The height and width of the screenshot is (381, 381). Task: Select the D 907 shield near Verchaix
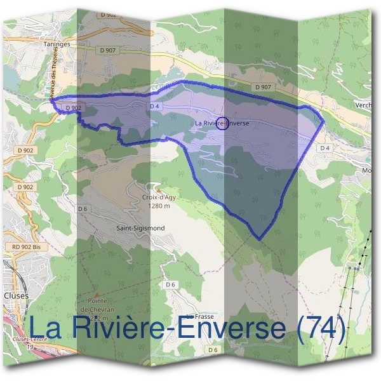coord(262,86)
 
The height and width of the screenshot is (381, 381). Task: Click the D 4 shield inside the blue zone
coord(154,107)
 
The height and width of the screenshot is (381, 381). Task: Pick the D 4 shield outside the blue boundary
coord(324,148)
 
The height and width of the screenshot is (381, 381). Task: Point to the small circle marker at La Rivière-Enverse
coord(222,124)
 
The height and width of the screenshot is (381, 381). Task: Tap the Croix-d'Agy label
coord(159,197)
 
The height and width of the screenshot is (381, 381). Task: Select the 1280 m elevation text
coord(159,206)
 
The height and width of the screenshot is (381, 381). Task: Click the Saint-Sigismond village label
coord(141,227)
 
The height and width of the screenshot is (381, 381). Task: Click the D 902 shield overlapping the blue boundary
coord(73,108)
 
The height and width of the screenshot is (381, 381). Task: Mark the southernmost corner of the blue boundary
coord(259,239)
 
